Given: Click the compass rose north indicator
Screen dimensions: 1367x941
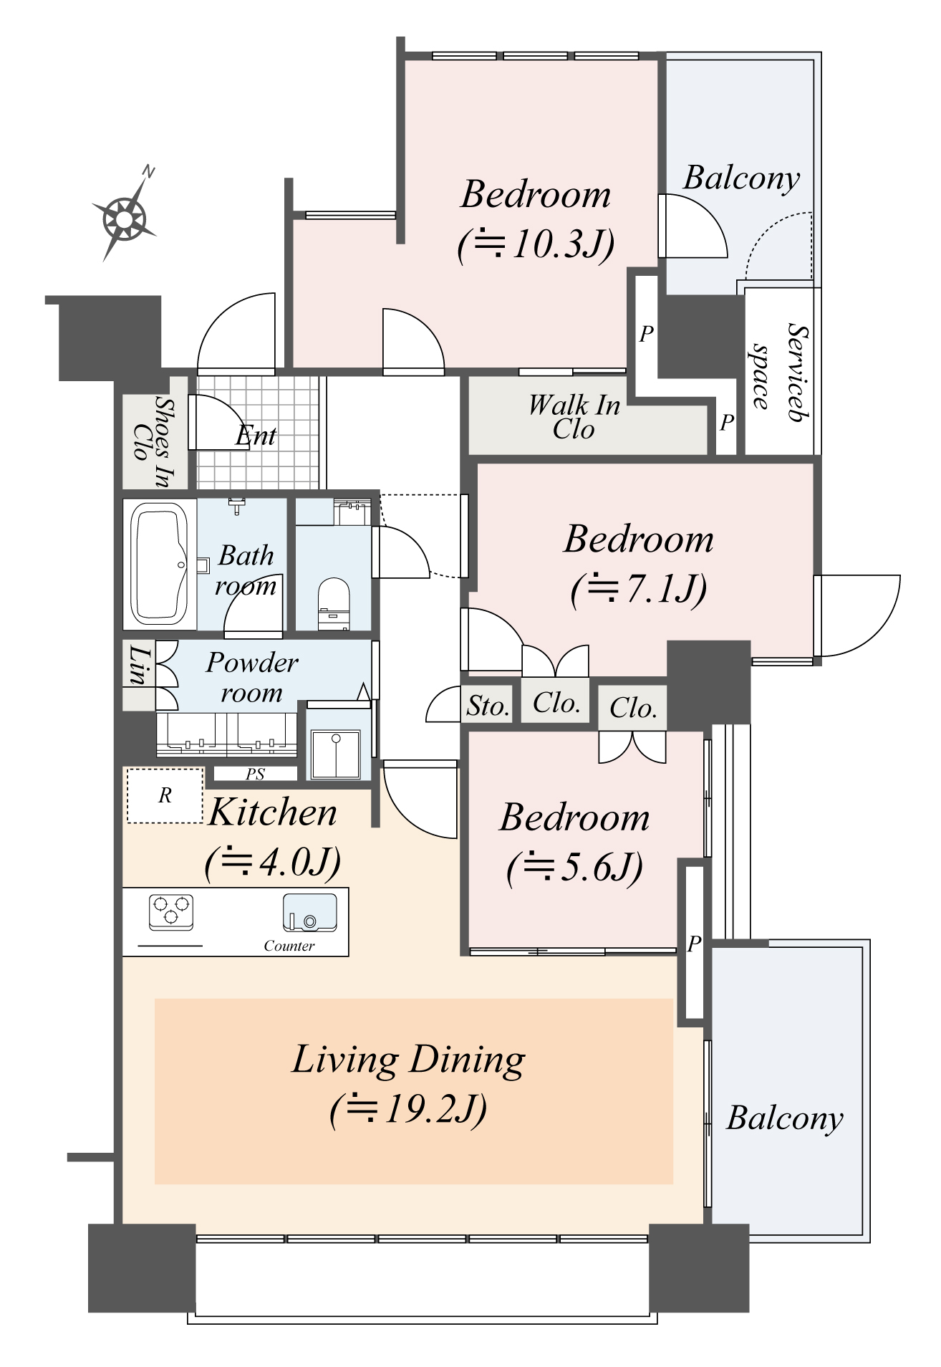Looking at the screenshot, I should click(x=126, y=216).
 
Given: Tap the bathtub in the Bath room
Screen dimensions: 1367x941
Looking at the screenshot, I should click(x=158, y=564).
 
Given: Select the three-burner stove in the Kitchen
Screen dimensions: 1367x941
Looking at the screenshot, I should click(x=171, y=911).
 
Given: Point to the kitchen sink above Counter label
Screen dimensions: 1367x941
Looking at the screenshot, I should click(x=310, y=912).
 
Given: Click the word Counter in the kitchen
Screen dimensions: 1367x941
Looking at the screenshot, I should click(x=289, y=946).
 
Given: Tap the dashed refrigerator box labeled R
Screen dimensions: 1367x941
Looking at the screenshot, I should click(x=165, y=795).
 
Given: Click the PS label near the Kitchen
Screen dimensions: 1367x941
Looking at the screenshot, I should click(x=255, y=774).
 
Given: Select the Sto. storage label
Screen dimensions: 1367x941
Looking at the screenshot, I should click(x=488, y=706).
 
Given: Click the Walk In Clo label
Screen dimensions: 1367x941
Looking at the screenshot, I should click(x=574, y=416).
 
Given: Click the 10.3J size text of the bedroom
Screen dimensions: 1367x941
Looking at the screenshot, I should click(x=536, y=244).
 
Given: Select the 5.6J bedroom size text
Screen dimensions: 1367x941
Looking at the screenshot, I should click(x=574, y=867).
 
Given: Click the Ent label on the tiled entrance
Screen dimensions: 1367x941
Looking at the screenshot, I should click(x=256, y=436).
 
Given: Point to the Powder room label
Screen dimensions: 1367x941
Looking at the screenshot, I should click(x=251, y=677).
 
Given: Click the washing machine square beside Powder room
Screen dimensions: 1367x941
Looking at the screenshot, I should click(x=334, y=754).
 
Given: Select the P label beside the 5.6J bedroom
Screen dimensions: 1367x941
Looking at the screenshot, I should click(x=693, y=944).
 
